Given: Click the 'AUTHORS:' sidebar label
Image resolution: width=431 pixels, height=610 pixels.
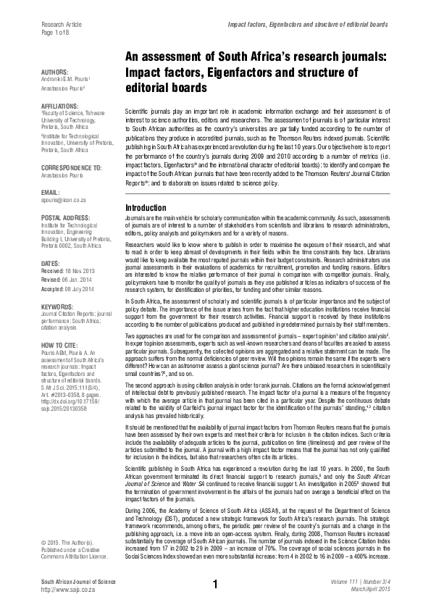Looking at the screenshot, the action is [x=56, y=72].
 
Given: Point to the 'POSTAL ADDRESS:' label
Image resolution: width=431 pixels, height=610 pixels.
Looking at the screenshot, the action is [x=65, y=217].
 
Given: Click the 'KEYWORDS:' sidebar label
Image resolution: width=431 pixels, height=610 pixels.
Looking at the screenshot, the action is [x=58, y=307].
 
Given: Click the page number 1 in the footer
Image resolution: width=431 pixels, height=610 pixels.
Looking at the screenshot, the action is [x=215, y=584].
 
